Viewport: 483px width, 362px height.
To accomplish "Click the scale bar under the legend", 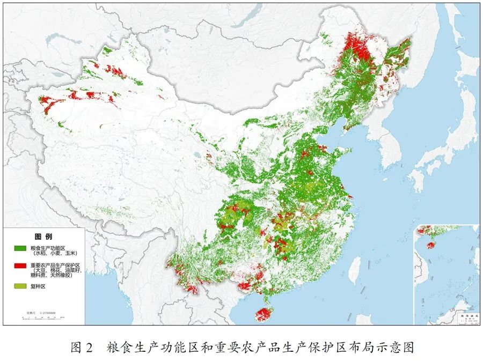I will (x=43, y=317).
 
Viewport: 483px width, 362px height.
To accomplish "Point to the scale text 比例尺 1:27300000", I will (x=43, y=312).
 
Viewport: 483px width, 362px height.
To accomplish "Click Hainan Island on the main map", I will (x=262, y=314).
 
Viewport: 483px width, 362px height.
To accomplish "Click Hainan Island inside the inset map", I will (x=430, y=245).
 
